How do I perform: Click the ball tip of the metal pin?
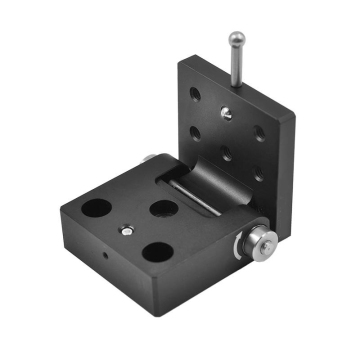[237, 41]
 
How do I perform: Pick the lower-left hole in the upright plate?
[192, 130]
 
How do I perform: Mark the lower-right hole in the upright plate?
[258, 171]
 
